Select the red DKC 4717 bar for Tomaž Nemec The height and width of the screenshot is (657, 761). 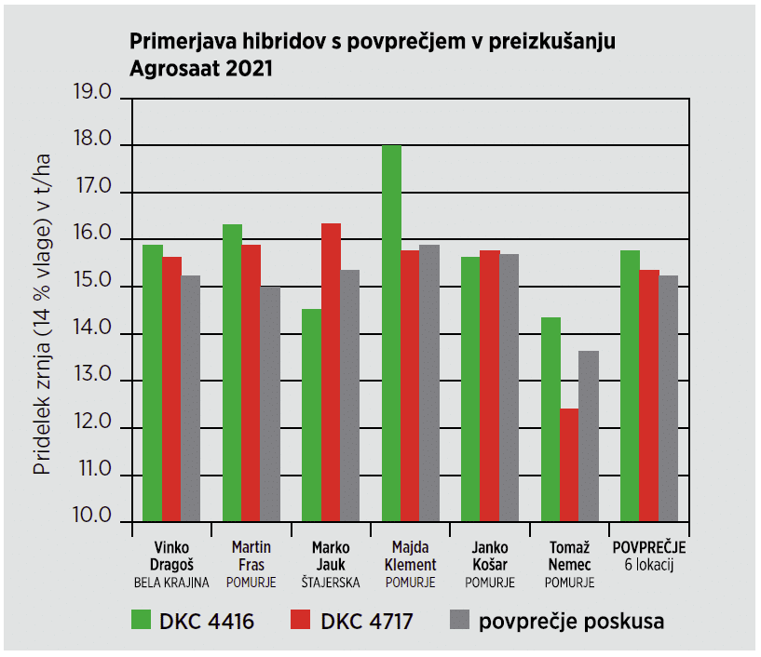(x=569, y=465)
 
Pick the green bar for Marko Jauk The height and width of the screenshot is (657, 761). (x=311, y=415)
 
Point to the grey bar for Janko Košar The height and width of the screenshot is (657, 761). (x=509, y=387)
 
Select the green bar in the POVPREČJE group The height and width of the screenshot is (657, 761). (x=630, y=385)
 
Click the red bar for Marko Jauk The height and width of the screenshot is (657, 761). (x=331, y=372)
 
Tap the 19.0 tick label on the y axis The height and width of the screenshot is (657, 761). (x=92, y=94)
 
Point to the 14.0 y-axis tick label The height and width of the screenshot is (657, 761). (x=92, y=330)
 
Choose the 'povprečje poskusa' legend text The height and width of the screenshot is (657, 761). (x=571, y=622)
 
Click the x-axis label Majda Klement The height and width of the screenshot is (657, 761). (x=410, y=556)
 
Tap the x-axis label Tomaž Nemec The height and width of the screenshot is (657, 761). (x=569, y=556)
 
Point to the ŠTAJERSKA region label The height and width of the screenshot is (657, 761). (x=331, y=583)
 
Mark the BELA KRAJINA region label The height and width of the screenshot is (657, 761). (x=171, y=583)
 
